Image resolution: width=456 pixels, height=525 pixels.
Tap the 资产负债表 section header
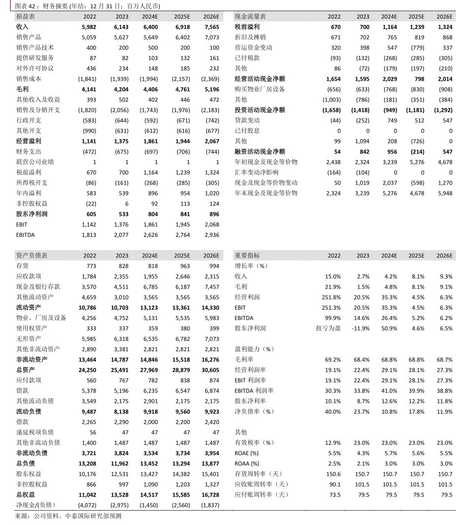[32, 255]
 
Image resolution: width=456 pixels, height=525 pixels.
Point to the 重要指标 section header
[247, 255]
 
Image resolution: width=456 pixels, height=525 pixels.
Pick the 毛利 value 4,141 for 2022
[87, 89]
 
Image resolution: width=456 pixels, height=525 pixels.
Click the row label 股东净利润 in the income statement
[32, 214]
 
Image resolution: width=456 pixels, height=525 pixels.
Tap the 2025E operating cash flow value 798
[418, 79]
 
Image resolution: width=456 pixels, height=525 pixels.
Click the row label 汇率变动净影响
[257, 172]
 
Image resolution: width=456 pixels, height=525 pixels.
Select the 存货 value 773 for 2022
[90, 266]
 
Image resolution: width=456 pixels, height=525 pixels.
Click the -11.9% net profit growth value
[360, 328]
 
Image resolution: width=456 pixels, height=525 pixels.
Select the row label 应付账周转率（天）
[262, 495]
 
